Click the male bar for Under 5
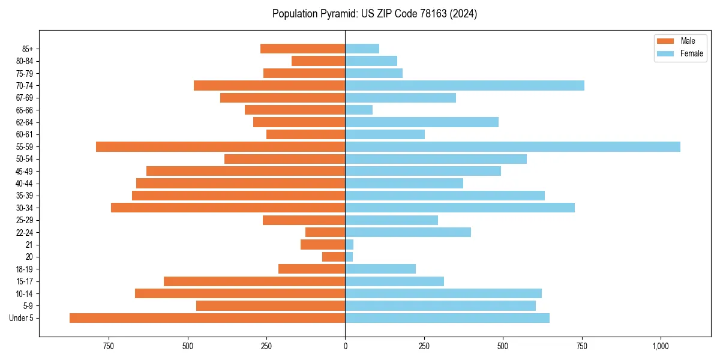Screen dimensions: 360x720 click(207, 318)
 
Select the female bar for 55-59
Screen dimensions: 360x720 click(512, 146)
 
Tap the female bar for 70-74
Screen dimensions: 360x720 click(464, 85)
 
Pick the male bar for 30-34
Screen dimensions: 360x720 click(228, 208)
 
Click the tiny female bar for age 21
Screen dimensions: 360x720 click(349, 245)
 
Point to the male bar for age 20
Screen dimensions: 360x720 click(334, 257)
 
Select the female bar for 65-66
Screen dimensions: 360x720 click(359, 110)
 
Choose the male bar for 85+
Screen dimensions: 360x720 click(302, 49)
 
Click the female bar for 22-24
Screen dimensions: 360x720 click(408, 232)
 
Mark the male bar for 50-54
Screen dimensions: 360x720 click(284, 159)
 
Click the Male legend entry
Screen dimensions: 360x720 click(688, 41)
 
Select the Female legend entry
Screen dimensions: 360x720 click(691, 53)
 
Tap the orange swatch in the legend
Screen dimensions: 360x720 click(666, 41)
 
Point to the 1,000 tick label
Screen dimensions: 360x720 click(660, 347)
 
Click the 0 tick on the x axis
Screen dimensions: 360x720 click(345, 347)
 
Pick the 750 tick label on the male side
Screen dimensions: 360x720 click(109, 347)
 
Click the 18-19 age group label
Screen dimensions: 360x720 click(25, 269)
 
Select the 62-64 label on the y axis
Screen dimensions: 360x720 click(25, 122)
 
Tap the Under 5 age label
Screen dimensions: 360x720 click(22, 318)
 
